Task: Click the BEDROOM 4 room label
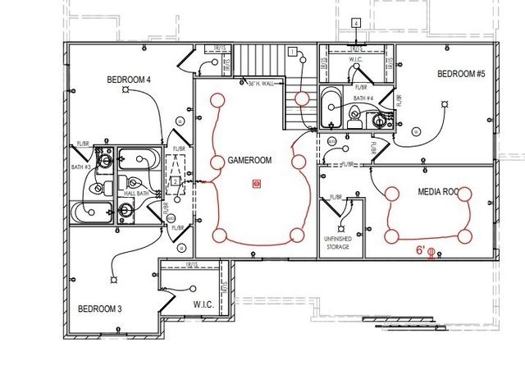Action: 129,80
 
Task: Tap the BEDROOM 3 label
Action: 100,309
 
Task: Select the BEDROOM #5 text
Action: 461,74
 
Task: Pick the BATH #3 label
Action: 80,166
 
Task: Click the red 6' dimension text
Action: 420,249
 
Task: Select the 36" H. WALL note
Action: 262,82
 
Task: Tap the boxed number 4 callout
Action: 356,22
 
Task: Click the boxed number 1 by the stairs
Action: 292,52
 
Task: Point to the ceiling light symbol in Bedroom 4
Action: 126,92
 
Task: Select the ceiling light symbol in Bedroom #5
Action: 444,103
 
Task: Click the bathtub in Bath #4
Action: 330,109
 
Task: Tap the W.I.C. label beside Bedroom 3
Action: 203,305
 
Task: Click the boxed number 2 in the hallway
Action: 175,181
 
